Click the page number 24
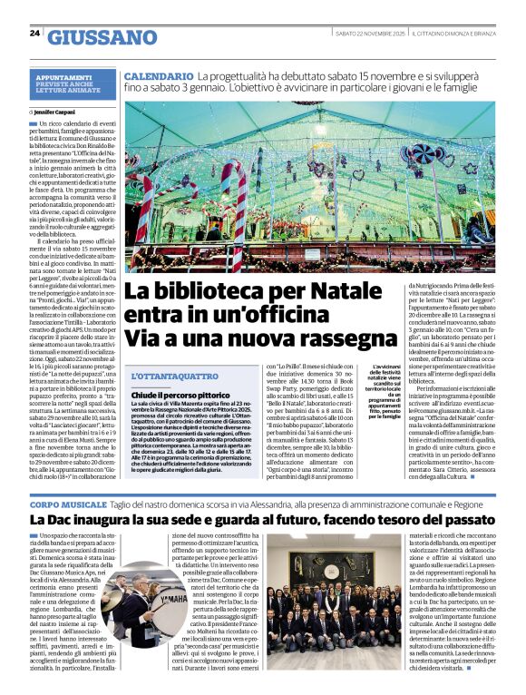click(x=34, y=33)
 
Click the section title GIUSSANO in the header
click(x=102, y=37)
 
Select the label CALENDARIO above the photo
click(x=159, y=79)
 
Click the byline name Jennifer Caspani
click(x=57, y=112)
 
